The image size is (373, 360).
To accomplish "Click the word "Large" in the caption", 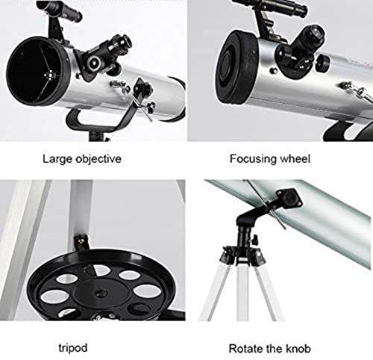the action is pos(57,159).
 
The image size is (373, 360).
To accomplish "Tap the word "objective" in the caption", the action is pos(98,159).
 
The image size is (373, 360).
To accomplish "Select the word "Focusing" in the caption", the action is pos(253,159).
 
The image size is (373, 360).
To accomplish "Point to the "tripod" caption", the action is pos(73,348).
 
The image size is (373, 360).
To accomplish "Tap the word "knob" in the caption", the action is pos(298,349).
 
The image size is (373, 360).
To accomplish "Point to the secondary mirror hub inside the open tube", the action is pos(50,75).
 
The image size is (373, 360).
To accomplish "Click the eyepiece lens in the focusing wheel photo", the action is pos(316,32).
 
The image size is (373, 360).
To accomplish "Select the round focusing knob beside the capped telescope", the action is pos(322,63).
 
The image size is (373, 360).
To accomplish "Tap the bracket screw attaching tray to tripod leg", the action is pos(81,240).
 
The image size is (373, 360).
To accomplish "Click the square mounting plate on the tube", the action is pos(289,199).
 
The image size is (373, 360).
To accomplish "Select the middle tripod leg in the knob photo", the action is pos(242,293).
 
